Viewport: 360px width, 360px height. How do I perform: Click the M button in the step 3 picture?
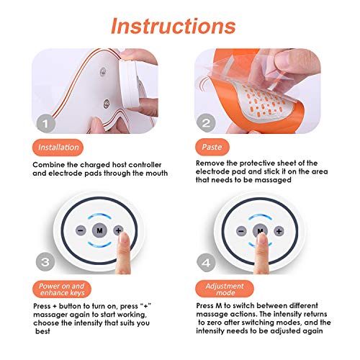99,230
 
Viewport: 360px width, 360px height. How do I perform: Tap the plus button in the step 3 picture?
117,230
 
